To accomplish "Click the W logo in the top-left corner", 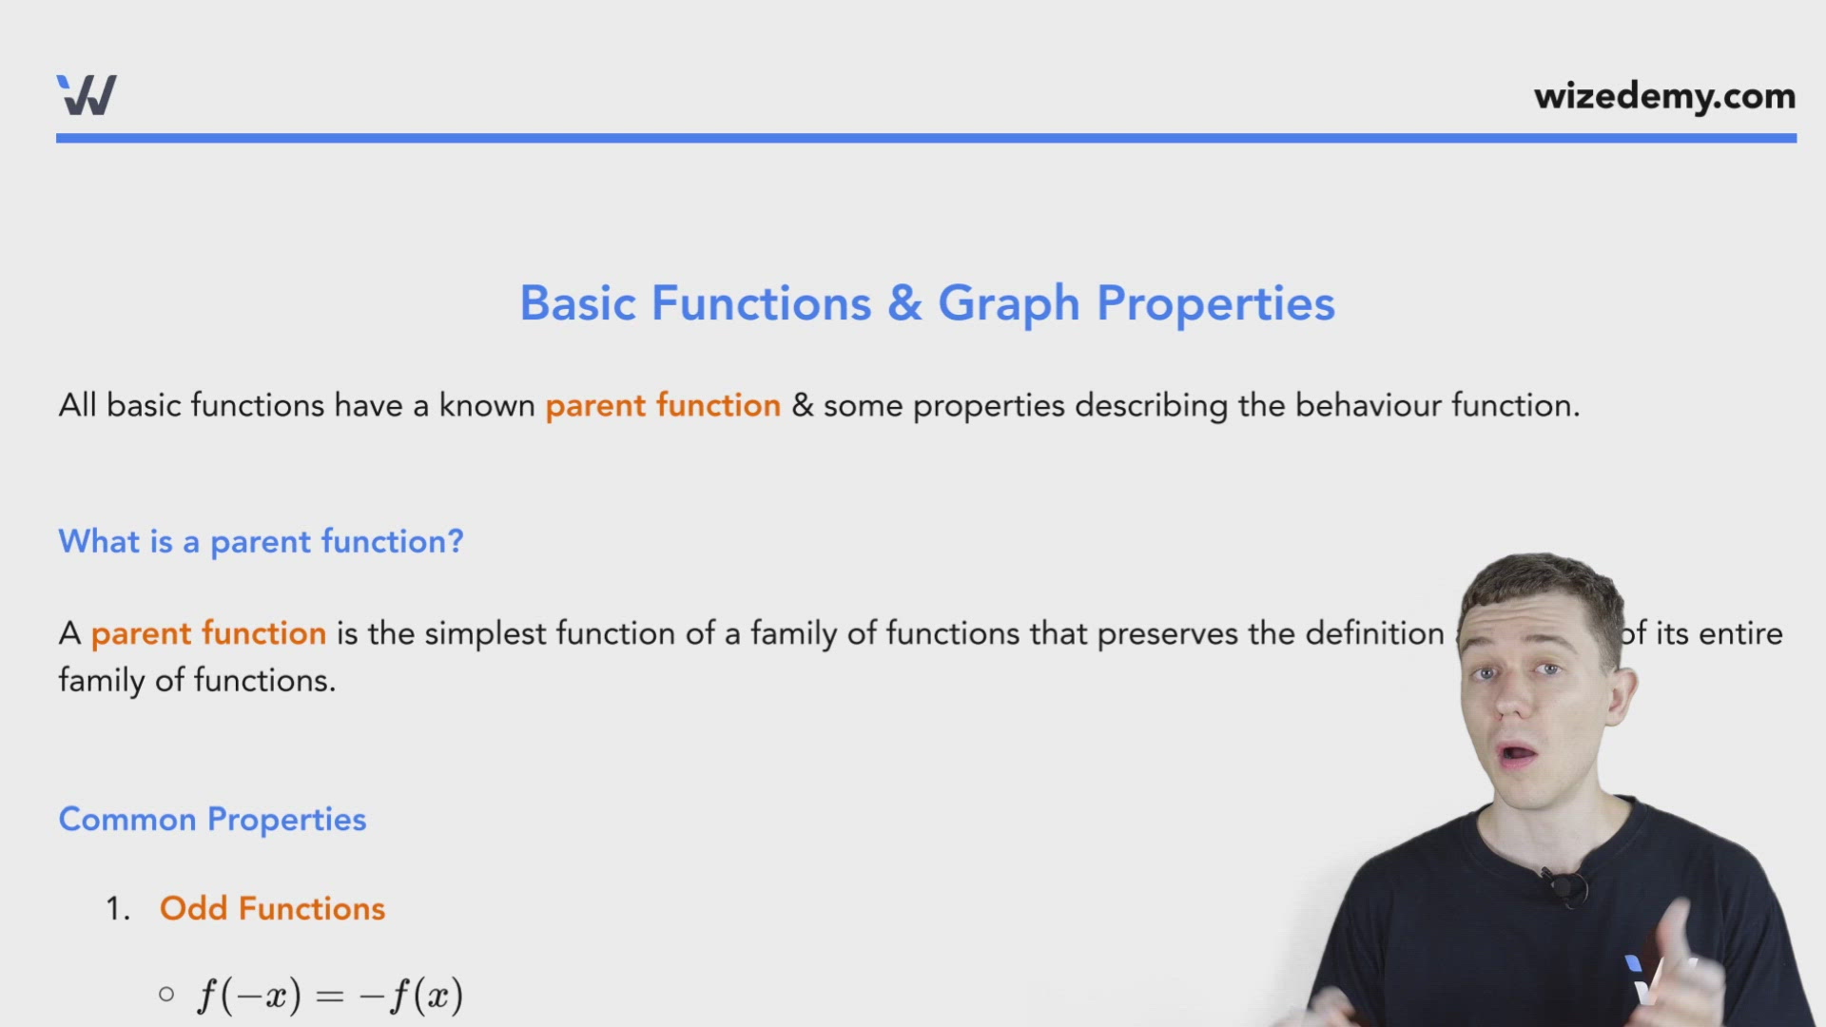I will [x=87, y=95].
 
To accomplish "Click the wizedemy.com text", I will [x=1664, y=96].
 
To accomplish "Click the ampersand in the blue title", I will [x=904, y=303].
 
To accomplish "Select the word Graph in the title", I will [x=1008, y=304].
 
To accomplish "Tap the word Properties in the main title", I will [x=1215, y=304].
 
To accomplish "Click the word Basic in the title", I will [x=577, y=303].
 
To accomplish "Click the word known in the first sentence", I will [x=486, y=406].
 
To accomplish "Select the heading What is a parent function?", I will [x=261, y=542].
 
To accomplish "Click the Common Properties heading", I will [x=212, y=820].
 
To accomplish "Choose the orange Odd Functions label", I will [x=272, y=909].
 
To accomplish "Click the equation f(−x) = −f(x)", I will [x=330, y=996].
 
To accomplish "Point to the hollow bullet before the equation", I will [x=166, y=995].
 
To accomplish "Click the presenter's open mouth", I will [x=1518, y=755].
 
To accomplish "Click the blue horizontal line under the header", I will [x=925, y=139].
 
